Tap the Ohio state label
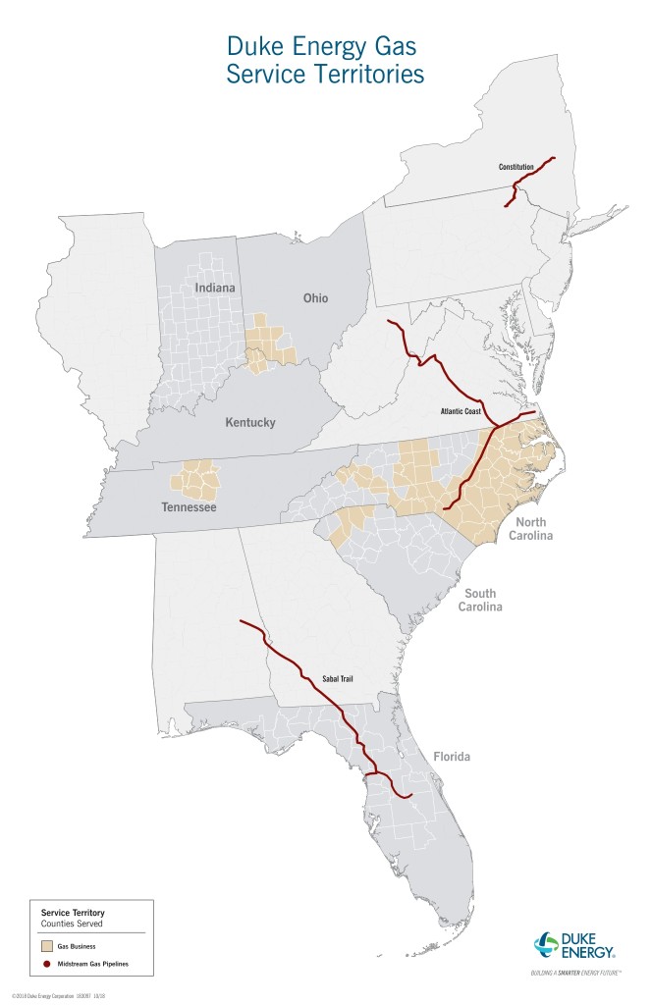coord(316,298)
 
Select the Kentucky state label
coord(250,423)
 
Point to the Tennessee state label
coord(190,507)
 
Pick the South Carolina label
coord(481,600)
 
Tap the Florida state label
coord(452,757)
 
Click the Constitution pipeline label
coord(515,167)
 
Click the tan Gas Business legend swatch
coord(46,948)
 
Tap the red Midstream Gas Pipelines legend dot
coord(46,965)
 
